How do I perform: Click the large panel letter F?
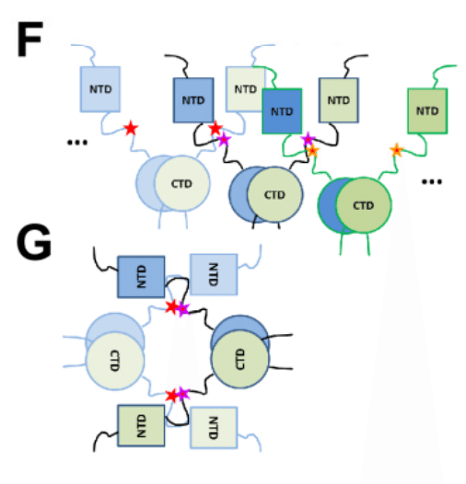[x=29, y=39]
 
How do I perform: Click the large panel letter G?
[x=34, y=242]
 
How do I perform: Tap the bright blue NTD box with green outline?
[x=282, y=111]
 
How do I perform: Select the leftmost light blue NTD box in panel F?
[x=100, y=89]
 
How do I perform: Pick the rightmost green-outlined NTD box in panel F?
[x=427, y=110]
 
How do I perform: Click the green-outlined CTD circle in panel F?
[x=364, y=205]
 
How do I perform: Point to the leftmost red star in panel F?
[x=131, y=128]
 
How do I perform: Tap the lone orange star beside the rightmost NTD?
[x=397, y=150]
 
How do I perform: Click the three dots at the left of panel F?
[x=77, y=143]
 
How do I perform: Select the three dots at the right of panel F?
[x=432, y=181]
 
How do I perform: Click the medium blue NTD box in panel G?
[x=141, y=277]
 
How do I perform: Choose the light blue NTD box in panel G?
[x=214, y=274]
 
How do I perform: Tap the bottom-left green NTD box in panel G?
[x=141, y=426]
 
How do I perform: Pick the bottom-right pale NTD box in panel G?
[x=214, y=428]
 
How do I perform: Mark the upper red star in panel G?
[x=172, y=307]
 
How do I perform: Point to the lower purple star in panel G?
[x=183, y=394]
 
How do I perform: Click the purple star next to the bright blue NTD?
[x=309, y=140]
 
